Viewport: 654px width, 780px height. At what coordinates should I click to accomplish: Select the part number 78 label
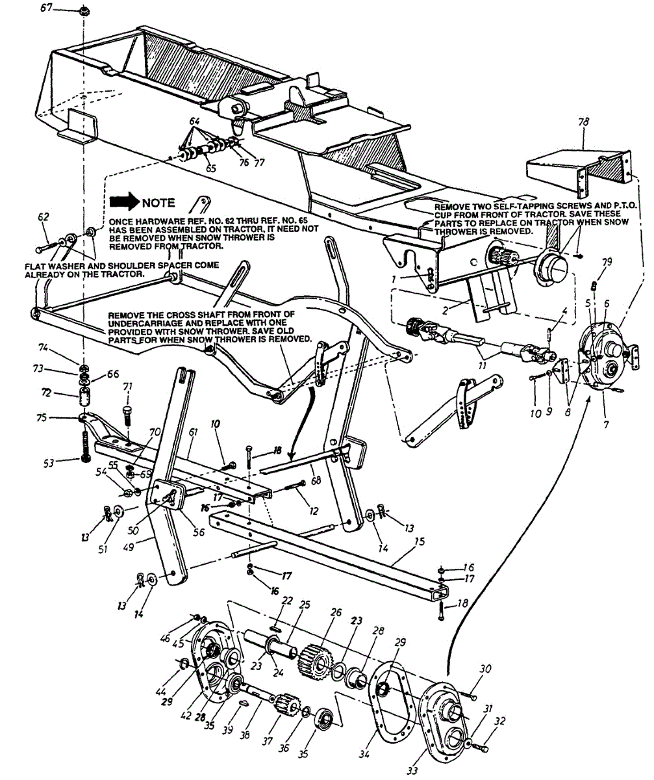click(x=583, y=123)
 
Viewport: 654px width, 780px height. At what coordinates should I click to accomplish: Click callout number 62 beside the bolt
click(x=43, y=217)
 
